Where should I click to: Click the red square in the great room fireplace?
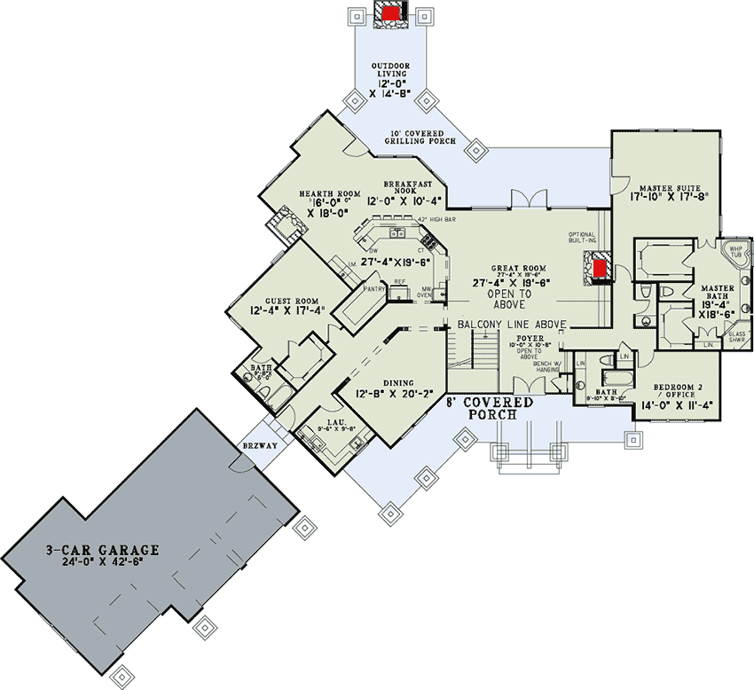tap(601, 268)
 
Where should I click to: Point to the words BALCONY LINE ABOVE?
tap(512, 325)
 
